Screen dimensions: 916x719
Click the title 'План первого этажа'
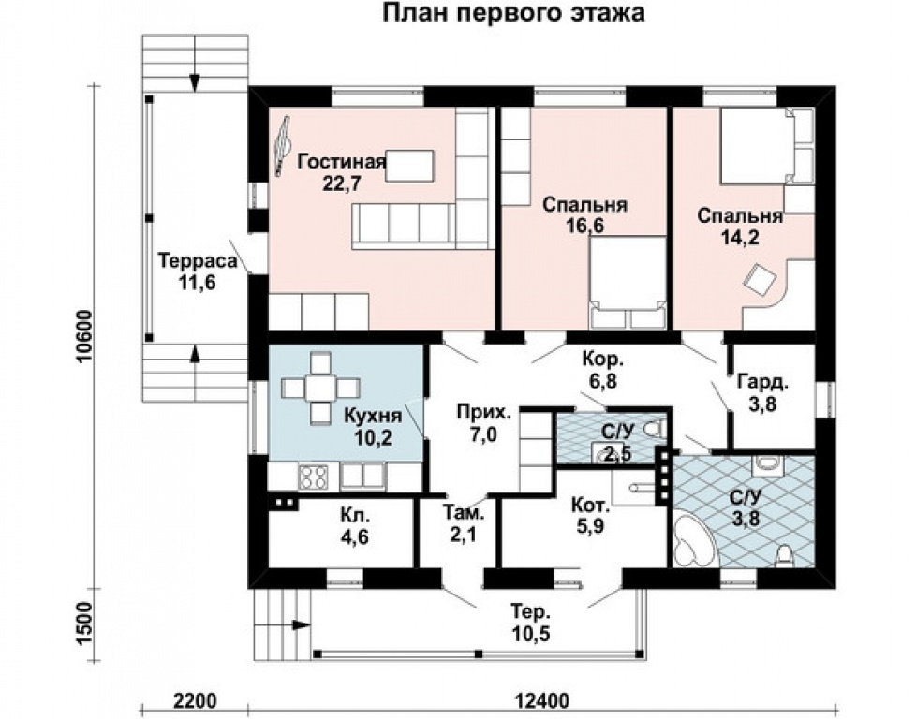pyautogui.click(x=513, y=13)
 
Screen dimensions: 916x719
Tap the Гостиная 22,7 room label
pyautogui.click(x=342, y=171)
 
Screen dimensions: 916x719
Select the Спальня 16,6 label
pyautogui.click(x=584, y=215)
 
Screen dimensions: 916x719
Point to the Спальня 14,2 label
pyautogui.click(x=740, y=226)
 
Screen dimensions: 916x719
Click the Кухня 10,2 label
pyautogui.click(x=373, y=427)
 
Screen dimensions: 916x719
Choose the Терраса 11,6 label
pyautogui.click(x=198, y=271)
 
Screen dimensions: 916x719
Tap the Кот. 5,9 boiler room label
pyautogui.click(x=591, y=515)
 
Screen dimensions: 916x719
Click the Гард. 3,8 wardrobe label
pyautogui.click(x=763, y=392)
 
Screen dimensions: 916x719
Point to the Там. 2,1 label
pyautogui.click(x=464, y=522)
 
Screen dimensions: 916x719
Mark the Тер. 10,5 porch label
pyautogui.click(x=530, y=623)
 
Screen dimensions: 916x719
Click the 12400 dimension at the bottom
pyautogui.click(x=542, y=699)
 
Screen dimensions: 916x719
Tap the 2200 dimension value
pyautogui.click(x=195, y=699)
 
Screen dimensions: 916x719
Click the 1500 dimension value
pyautogui.click(x=84, y=623)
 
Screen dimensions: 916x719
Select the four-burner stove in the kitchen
pyautogui.click(x=314, y=476)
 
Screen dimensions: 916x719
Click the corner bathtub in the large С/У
pyautogui.click(x=693, y=541)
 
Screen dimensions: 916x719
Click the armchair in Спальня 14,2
pyautogui.click(x=759, y=276)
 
